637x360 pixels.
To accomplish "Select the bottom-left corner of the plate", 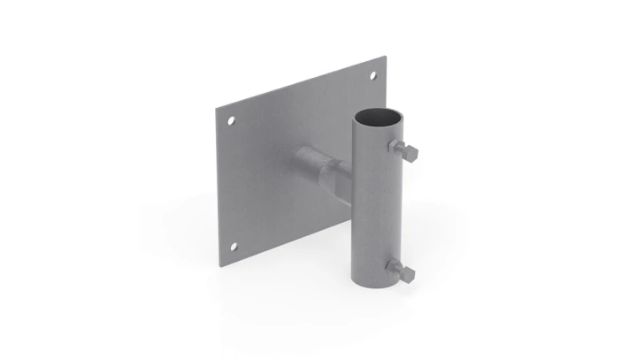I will (x=220, y=263).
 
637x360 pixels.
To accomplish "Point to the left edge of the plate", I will (x=219, y=186).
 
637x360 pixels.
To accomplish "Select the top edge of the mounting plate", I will (x=301, y=83).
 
